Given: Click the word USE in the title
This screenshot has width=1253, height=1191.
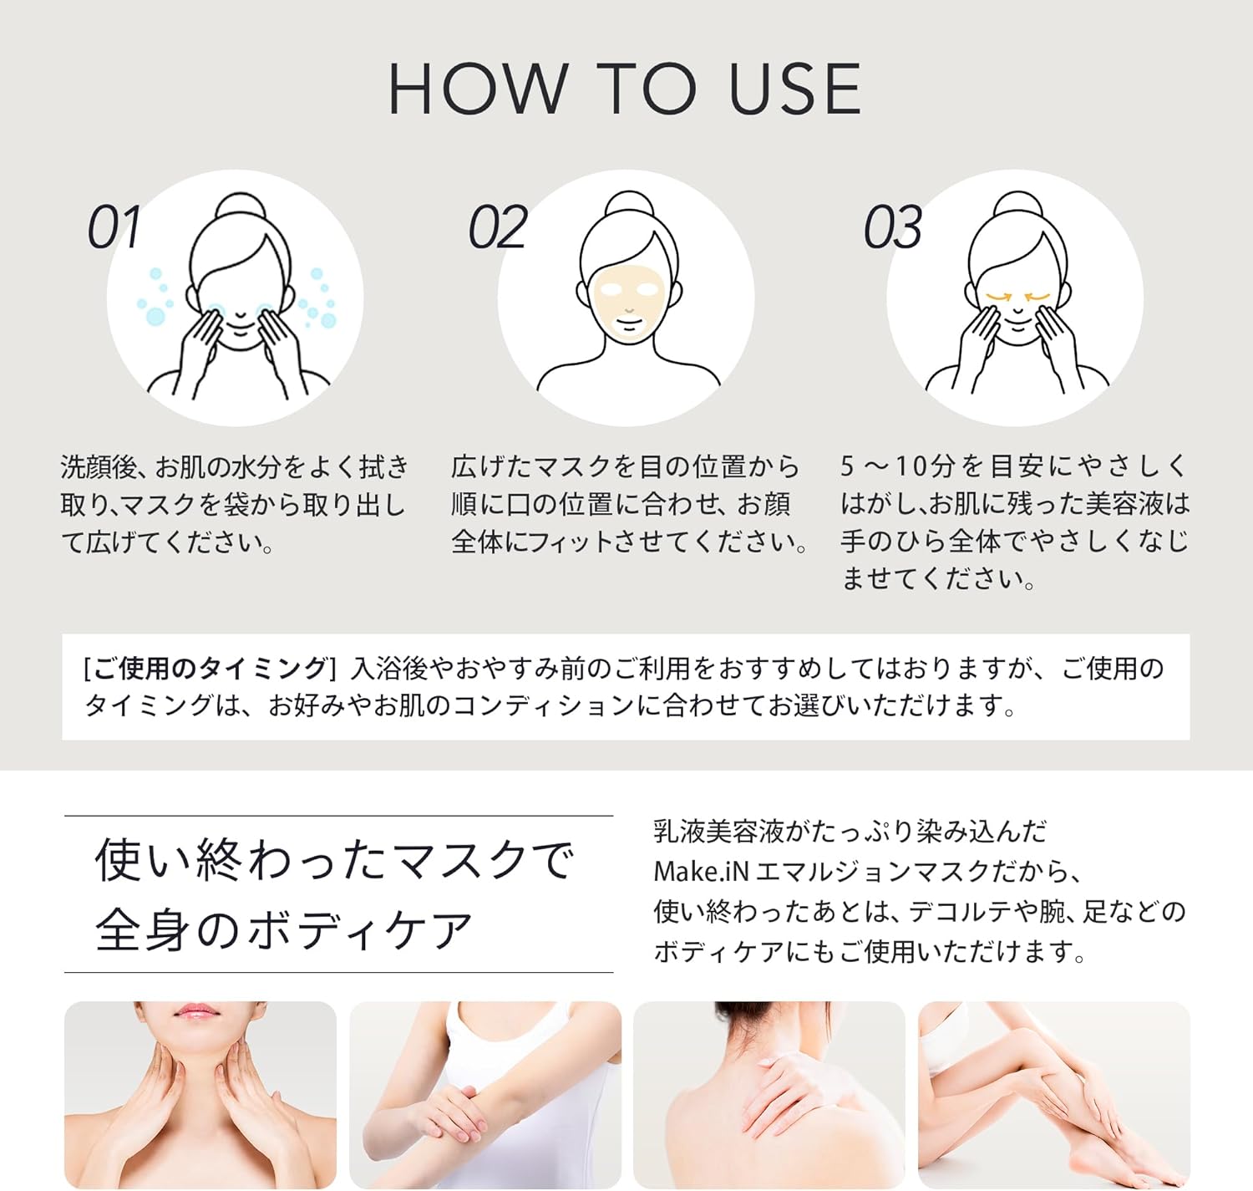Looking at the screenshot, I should (794, 89).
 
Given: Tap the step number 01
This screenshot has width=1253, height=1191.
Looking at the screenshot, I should (114, 227).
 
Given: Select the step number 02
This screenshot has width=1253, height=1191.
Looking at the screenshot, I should (498, 227).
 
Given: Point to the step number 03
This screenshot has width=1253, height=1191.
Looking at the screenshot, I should (892, 227).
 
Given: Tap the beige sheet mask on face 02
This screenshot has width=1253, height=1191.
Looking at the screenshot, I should (626, 301).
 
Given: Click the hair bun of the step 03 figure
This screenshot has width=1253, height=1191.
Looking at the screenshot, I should (1016, 207).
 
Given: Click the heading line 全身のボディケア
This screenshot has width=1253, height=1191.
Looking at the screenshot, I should (284, 930).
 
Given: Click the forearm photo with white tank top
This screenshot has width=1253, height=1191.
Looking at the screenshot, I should (484, 1095).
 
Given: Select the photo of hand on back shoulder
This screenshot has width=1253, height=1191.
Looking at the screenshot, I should (769, 1095).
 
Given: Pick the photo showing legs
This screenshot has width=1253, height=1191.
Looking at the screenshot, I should (1053, 1095).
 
